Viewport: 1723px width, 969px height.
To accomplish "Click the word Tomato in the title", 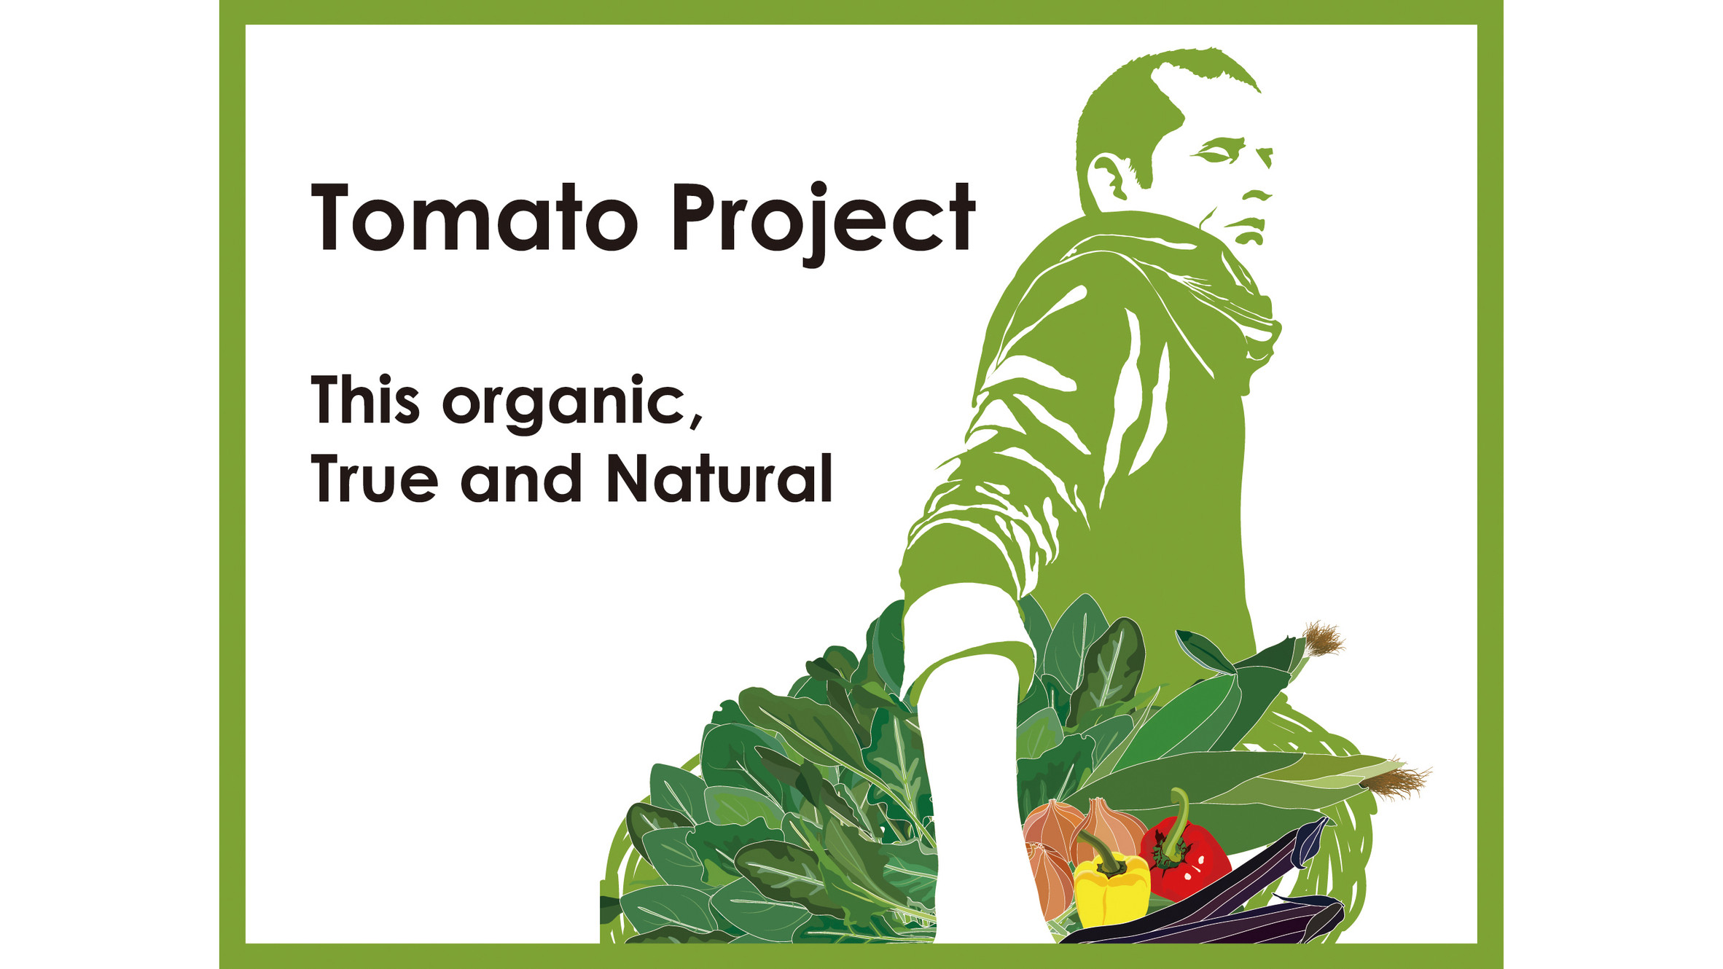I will (x=474, y=219).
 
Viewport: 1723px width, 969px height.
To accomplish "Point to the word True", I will (x=374, y=479).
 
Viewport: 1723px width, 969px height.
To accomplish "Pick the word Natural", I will (x=719, y=479).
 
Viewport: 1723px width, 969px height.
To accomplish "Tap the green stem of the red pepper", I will (x=1178, y=816).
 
